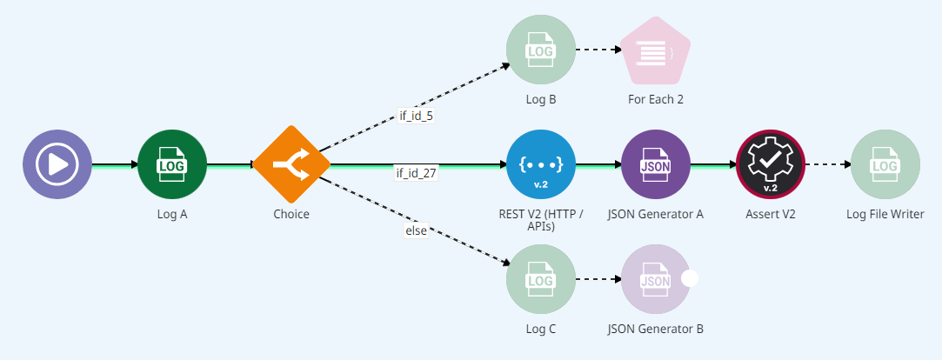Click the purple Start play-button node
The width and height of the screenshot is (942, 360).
pos(57,164)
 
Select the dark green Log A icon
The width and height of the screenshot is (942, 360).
pos(172,164)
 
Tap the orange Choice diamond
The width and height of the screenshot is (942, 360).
pos(291,164)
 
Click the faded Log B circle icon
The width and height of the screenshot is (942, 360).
pos(541,50)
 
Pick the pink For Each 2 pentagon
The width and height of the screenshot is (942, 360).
pos(656,52)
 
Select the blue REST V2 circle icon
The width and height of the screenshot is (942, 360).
pos(541,164)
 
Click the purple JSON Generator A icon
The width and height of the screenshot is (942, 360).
pos(656,164)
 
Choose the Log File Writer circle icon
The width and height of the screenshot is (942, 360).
pos(885,164)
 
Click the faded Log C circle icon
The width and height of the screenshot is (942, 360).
pos(541,279)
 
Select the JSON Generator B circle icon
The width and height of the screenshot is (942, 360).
pos(656,279)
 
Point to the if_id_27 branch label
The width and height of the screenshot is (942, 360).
pos(417,173)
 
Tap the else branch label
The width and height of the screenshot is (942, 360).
pos(416,230)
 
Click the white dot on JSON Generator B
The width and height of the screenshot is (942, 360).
pos(691,279)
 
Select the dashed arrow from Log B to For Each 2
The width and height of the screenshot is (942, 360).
pos(598,50)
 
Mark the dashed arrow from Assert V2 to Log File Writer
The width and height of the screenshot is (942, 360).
pos(826,164)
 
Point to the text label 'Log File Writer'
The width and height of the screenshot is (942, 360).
pos(885,213)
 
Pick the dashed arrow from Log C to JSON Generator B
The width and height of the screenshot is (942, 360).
pos(598,279)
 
